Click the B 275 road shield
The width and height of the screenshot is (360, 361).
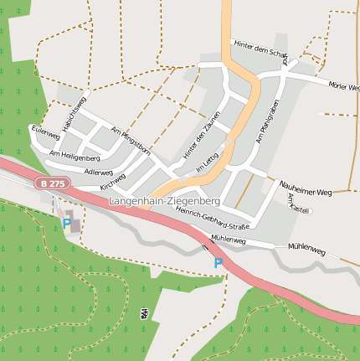[51, 183]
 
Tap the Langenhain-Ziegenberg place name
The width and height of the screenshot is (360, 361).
[164, 202]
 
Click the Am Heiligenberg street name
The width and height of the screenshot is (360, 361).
[75, 156]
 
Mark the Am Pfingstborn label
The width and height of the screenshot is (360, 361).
[131, 142]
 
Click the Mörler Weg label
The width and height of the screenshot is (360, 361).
[343, 85]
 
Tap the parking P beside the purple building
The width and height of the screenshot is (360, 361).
[66, 223]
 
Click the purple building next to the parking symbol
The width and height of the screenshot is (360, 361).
[75, 222]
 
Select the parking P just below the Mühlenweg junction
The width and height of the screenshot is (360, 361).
[219, 263]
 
